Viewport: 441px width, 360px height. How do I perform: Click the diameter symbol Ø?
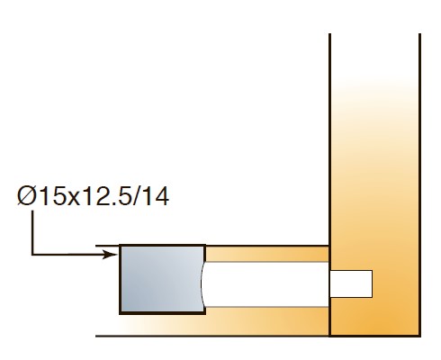pos(27,196)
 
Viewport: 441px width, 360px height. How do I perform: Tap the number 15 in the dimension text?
pos(52,196)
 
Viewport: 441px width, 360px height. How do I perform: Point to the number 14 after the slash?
pos(156,196)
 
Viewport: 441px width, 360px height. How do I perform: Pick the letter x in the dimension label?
pos(74,199)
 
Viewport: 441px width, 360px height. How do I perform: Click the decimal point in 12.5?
pos(112,203)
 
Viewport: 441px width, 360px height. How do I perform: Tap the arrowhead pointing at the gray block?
pos(109,255)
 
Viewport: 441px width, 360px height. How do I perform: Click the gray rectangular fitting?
pos(162,279)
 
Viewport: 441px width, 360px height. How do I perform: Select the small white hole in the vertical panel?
pos(351,283)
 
